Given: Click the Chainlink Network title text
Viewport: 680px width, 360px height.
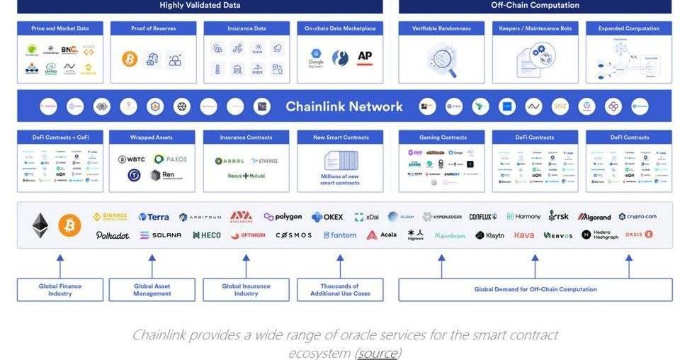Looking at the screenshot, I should (344, 107).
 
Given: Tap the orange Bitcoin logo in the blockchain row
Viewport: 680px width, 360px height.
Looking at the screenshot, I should (69, 225).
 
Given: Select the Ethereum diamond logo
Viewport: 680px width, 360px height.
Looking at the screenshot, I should (40, 225).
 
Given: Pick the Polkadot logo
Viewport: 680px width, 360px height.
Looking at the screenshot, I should (113, 235).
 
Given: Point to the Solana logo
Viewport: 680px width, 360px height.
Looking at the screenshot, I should (161, 235).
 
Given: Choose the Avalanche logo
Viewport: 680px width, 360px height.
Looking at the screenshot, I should (241, 216).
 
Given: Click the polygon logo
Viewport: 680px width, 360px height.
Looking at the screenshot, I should (283, 217).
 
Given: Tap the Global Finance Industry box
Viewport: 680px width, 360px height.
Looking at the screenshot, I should (60, 290).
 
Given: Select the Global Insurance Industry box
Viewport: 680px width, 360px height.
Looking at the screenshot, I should (246, 290).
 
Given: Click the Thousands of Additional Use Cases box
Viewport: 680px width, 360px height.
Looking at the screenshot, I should (340, 290).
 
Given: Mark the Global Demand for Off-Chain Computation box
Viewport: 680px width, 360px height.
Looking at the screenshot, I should (535, 289).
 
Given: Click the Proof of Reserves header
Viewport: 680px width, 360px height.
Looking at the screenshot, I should (153, 28).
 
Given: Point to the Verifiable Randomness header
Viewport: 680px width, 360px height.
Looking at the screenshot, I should (441, 28).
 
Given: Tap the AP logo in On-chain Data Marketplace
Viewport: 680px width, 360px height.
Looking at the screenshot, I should (365, 57).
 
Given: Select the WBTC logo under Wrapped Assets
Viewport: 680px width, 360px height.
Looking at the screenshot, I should (132, 159).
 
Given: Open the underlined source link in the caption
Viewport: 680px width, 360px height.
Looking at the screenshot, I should (378, 353).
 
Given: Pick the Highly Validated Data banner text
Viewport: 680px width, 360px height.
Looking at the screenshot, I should (200, 6).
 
